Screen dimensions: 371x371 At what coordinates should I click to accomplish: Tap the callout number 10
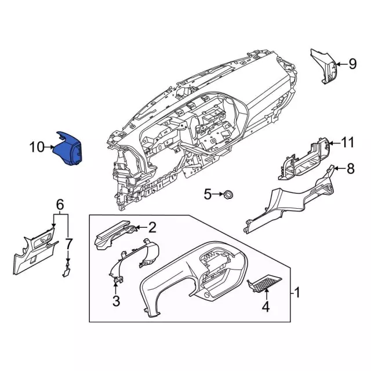[x=37, y=147]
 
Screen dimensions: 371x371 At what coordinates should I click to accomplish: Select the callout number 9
[x=352, y=64]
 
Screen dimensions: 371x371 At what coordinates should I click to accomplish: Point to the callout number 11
[x=347, y=142]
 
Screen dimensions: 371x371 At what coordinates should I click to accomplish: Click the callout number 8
[x=350, y=169]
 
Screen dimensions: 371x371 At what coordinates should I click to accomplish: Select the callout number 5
[x=208, y=194]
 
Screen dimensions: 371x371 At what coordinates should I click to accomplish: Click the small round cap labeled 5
[x=228, y=194]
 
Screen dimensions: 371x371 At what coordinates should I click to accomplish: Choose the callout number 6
[x=60, y=204]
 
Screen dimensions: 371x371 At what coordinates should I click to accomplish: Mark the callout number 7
[x=68, y=242]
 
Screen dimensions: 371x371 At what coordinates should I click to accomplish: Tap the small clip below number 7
[x=67, y=267]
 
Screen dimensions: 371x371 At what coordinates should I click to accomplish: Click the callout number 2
[x=152, y=227]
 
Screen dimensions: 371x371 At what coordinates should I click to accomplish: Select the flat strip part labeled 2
[x=113, y=235]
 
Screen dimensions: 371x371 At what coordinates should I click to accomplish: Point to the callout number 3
[x=116, y=300]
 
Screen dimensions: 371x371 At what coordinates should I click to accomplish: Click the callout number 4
[x=265, y=306]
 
